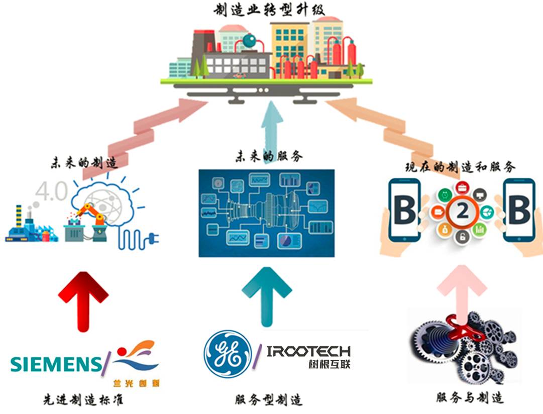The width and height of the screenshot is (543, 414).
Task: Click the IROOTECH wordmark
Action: click(308, 351)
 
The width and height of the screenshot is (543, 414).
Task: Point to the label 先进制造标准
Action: click(83, 400)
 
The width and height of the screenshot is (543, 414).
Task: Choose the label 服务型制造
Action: click(269, 400)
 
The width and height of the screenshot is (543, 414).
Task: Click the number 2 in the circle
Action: click(462, 213)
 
